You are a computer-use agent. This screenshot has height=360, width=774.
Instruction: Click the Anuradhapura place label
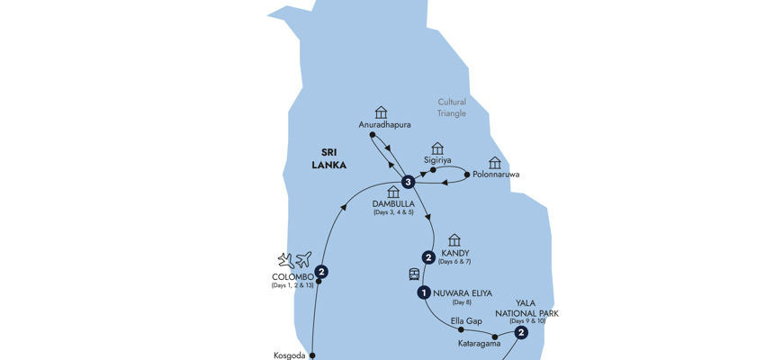384,125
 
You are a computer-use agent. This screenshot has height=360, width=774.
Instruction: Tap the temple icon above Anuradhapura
381,112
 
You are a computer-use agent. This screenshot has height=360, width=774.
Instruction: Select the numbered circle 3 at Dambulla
409,182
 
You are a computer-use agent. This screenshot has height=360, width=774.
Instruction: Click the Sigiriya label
437,160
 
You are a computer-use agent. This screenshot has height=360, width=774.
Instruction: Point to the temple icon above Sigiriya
437,148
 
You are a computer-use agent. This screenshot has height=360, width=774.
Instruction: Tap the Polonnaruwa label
496,175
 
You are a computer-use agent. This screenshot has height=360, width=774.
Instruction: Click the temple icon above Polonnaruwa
495,163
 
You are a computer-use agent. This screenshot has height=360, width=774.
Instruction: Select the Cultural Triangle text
452,108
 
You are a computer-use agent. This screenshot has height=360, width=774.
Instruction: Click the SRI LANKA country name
328,158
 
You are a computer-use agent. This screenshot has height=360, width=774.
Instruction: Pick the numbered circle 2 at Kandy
428,257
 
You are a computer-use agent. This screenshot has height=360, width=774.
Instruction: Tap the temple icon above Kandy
454,240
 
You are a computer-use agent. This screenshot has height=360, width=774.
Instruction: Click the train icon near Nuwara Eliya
414,274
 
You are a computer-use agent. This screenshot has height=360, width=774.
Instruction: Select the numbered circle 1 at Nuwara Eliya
423,292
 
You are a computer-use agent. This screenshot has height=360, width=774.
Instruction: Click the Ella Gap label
466,321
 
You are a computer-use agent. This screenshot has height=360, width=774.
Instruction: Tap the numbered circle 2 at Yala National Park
521,333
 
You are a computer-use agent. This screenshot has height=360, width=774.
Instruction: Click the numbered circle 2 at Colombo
321,272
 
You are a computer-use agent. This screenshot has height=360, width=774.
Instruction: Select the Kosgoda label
289,355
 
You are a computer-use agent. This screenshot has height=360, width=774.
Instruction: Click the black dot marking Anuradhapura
372,135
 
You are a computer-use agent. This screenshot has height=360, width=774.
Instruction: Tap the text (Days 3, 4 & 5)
393,212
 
